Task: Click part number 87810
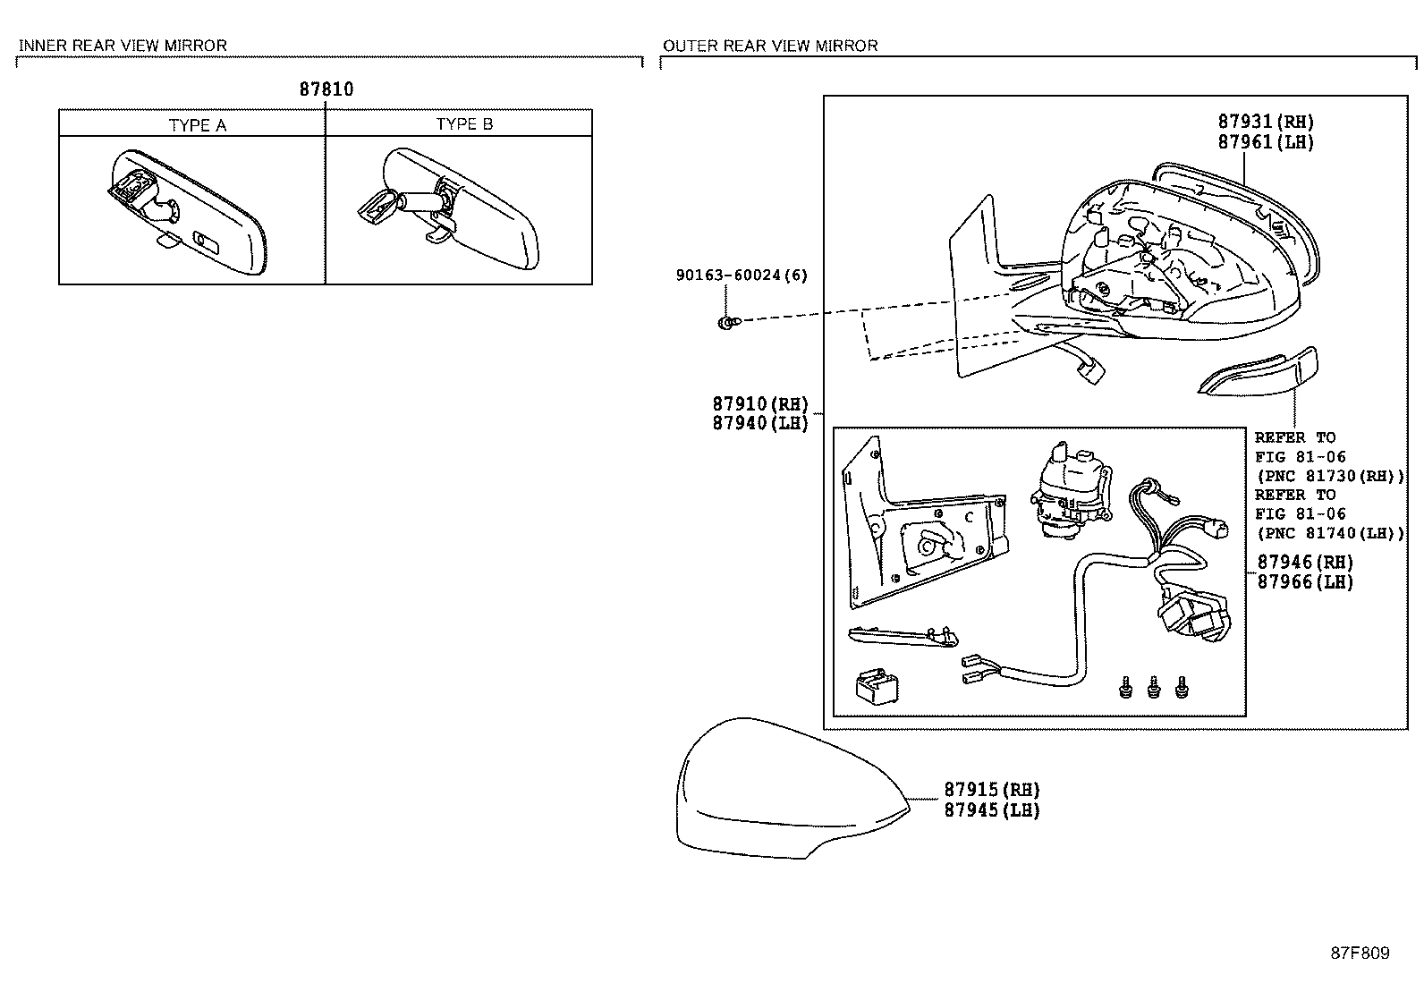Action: [x=326, y=89]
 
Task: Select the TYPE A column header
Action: [x=198, y=125]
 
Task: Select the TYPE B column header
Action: [x=464, y=124]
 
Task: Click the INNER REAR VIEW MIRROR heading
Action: [x=123, y=46]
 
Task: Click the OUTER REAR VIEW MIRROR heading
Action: [x=770, y=46]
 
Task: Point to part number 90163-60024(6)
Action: [x=741, y=275]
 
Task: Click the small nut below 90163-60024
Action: [x=725, y=321]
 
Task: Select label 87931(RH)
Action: [x=1266, y=123]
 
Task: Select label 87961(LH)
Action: [x=1266, y=142]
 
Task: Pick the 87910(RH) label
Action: [x=760, y=404]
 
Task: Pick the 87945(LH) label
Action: [x=992, y=810]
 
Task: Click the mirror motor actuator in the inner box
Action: [x=1067, y=492]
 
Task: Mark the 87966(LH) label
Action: [x=1305, y=582]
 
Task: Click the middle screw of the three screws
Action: [x=1153, y=687]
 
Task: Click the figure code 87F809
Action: [x=1360, y=953]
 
